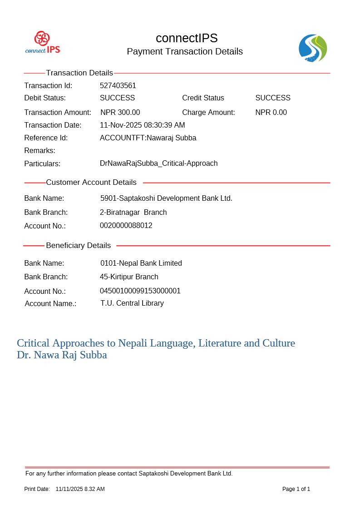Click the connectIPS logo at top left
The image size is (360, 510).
[x=43, y=43]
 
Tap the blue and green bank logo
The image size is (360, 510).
[x=313, y=48]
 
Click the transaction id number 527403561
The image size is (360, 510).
[x=118, y=86]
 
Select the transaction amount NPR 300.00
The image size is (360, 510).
[x=120, y=113]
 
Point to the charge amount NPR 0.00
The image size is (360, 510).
[x=271, y=113]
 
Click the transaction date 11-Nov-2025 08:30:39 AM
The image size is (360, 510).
[x=142, y=125]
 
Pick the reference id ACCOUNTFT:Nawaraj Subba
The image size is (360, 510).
[x=148, y=138]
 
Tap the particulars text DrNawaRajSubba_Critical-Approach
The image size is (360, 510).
[x=158, y=163]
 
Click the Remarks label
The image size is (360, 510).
[x=40, y=151]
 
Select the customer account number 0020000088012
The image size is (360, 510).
[x=126, y=226]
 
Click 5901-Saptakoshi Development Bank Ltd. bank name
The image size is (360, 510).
[x=166, y=198]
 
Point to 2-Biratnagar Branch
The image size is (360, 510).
[x=133, y=213]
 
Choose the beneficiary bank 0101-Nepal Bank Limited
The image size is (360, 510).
[x=141, y=263]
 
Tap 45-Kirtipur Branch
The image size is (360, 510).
[x=129, y=277]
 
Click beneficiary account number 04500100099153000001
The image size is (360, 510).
[x=140, y=291]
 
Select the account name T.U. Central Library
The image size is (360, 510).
[x=132, y=303]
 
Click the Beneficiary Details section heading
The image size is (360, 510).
[x=78, y=246]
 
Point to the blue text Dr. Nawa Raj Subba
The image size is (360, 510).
[x=62, y=355]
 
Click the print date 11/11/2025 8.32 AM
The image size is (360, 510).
[x=80, y=489]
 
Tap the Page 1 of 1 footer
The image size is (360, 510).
[x=296, y=489]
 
